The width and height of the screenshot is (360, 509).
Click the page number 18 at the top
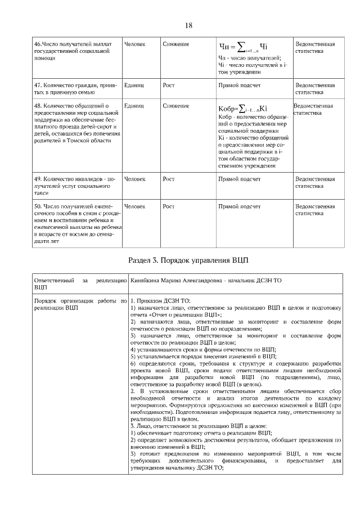pyautogui.click(x=188, y=25)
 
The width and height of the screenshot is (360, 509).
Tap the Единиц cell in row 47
pyautogui.click(x=133, y=85)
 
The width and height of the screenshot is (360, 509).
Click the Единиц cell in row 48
pyautogui.click(x=133, y=106)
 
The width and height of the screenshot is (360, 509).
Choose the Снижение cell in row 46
pyautogui.click(x=175, y=44)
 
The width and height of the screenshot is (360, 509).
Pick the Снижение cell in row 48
pyautogui.click(x=175, y=106)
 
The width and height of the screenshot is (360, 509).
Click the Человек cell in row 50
pyautogui.click(x=134, y=206)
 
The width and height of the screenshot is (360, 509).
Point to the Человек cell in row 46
pyautogui.click(x=134, y=44)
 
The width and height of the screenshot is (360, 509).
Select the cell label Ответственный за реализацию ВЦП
pyautogui.click(x=79, y=283)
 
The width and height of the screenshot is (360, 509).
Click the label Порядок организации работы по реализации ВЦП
pyautogui.click(x=79, y=304)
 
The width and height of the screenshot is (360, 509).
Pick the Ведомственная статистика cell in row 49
pyautogui.click(x=315, y=182)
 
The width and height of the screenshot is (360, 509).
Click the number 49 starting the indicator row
pyautogui.click(x=38, y=179)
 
